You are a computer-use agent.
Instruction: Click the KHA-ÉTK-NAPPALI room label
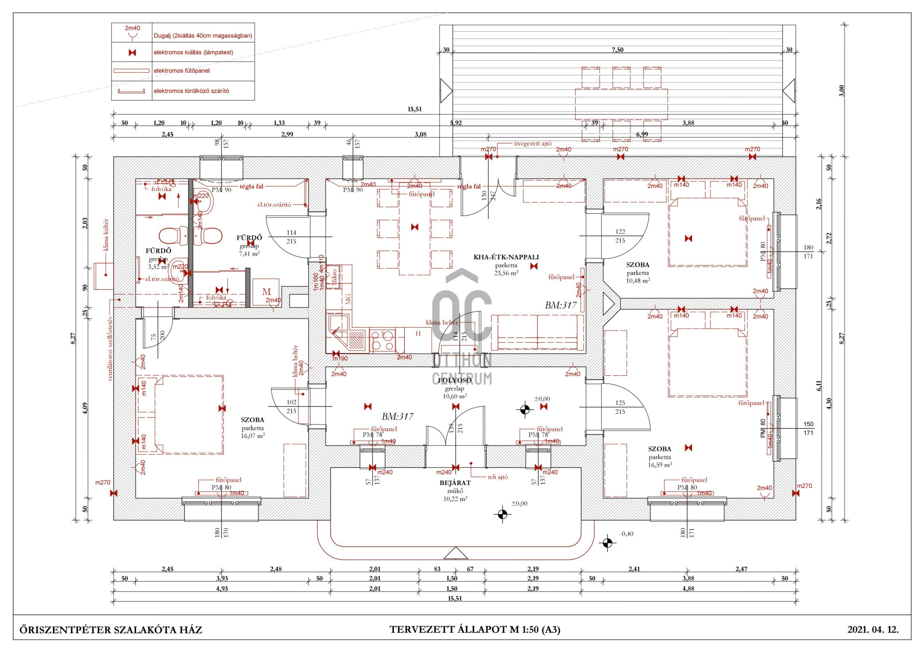click(x=506, y=257)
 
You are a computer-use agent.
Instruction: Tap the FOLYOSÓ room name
click(x=454, y=380)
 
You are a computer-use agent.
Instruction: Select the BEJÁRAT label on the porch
click(x=455, y=483)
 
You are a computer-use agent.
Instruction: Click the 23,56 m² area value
click(x=506, y=273)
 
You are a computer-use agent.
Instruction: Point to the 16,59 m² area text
click(x=659, y=465)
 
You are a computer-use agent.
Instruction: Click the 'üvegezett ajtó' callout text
click(x=533, y=143)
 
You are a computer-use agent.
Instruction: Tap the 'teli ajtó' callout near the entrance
click(x=498, y=477)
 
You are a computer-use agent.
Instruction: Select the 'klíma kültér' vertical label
click(x=106, y=235)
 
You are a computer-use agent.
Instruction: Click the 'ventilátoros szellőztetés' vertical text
click(x=110, y=349)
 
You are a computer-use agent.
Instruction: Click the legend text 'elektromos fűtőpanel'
click(x=181, y=71)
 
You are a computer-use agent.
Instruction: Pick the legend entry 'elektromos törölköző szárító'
click(x=191, y=91)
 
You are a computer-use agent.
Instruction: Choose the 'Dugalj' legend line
click(x=203, y=36)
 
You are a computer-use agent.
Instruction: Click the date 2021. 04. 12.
click(x=873, y=629)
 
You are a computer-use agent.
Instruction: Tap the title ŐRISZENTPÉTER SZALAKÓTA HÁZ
click(x=111, y=629)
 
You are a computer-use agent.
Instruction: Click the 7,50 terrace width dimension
click(x=617, y=50)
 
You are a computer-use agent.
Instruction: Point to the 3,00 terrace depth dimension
click(x=841, y=90)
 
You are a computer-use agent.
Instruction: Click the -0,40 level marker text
click(x=627, y=534)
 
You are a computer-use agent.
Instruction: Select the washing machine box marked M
click(x=266, y=292)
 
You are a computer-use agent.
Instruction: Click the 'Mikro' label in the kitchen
click(x=334, y=277)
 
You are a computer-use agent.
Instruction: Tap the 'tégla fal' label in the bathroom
click(x=252, y=186)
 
